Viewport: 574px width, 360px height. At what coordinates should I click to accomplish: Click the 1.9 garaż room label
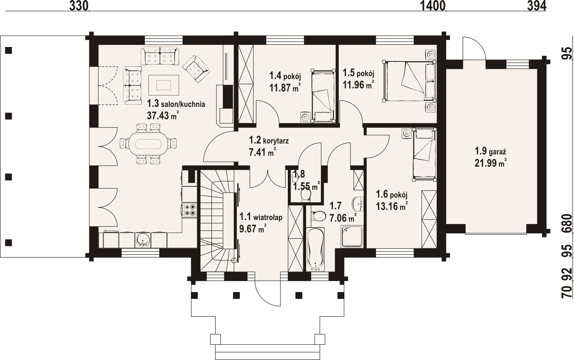[x=490, y=151]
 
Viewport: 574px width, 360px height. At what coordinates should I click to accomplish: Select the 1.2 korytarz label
[x=269, y=140]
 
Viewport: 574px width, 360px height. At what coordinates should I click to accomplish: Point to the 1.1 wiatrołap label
[x=261, y=217]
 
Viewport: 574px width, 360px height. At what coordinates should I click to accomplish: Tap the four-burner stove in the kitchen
[x=189, y=210]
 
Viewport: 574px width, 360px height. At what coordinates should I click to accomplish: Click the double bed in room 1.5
[x=409, y=81]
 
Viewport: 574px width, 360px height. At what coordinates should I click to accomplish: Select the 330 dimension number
[x=79, y=6]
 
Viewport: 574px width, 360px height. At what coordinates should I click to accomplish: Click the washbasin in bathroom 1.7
[x=358, y=204]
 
